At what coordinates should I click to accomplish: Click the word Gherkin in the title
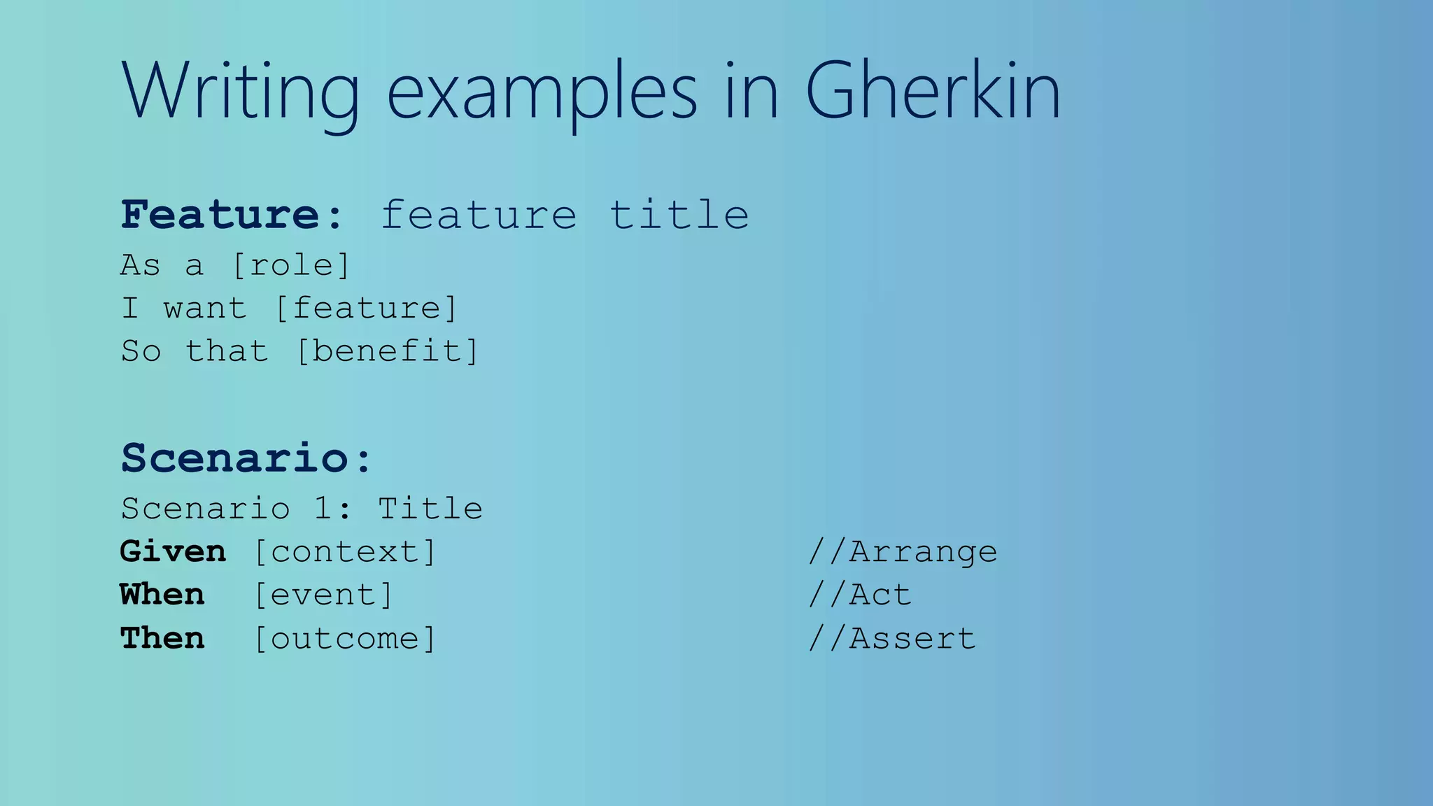932,91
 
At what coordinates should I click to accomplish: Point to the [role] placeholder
290,266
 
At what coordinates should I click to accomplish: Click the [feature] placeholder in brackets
366,309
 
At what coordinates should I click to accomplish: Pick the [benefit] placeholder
387,351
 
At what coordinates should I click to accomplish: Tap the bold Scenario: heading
246,458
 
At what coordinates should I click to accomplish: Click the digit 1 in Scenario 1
323,509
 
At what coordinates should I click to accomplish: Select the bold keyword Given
173,552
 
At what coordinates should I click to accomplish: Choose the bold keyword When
162,595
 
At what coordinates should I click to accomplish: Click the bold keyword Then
162,638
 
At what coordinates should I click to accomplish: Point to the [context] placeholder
344,552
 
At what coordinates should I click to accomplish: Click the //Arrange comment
902,552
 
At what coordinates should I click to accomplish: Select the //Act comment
859,595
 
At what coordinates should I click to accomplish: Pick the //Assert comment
891,638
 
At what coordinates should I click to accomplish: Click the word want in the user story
205,309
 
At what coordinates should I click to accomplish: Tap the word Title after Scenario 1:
430,509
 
